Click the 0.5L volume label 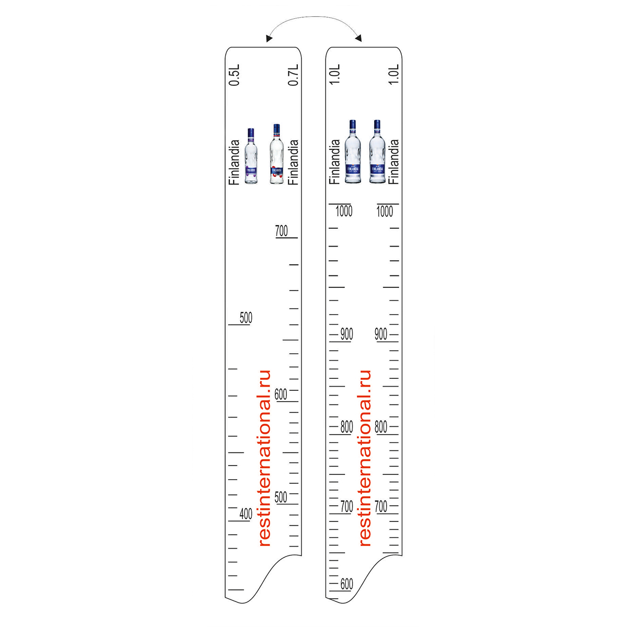(x=234, y=75)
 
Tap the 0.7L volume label (x=293, y=75)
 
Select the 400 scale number (x=246, y=514)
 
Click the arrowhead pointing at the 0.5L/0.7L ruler (x=269, y=38)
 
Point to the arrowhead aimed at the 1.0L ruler (x=358, y=38)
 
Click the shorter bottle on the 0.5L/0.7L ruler (x=251, y=156)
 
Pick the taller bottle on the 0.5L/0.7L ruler (x=276, y=154)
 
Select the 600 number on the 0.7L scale (x=281, y=394)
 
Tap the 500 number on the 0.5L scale (x=246, y=318)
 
